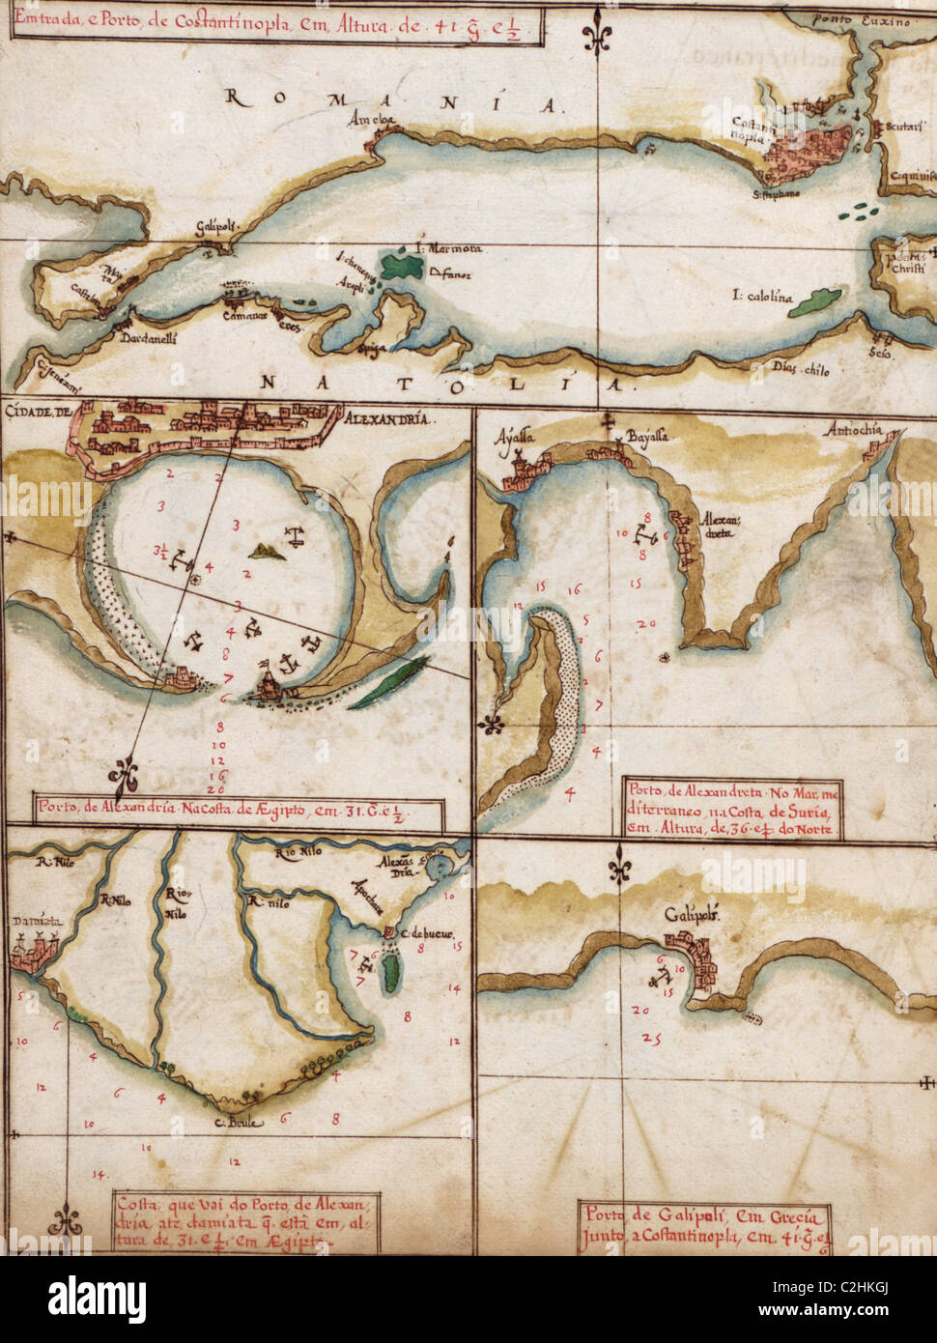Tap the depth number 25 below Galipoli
(651, 1040)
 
